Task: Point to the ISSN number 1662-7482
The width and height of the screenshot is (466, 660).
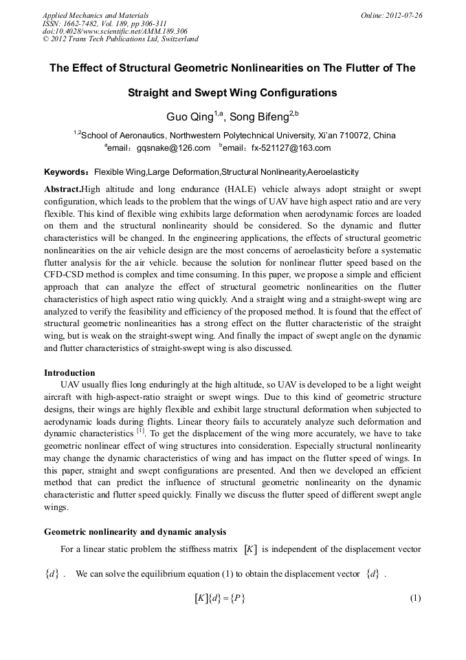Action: tap(79, 23)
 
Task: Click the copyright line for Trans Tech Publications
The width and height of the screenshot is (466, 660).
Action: tap(120, 39)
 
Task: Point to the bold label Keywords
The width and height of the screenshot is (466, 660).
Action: tap(67, 171)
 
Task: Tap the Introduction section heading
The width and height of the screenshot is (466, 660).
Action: tap(69, 373)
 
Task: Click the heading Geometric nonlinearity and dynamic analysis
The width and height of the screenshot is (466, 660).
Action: tap(135, 532)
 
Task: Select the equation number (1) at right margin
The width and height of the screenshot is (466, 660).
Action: tap(414, 598)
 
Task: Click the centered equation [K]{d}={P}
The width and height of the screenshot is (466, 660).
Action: tap(220, 598)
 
